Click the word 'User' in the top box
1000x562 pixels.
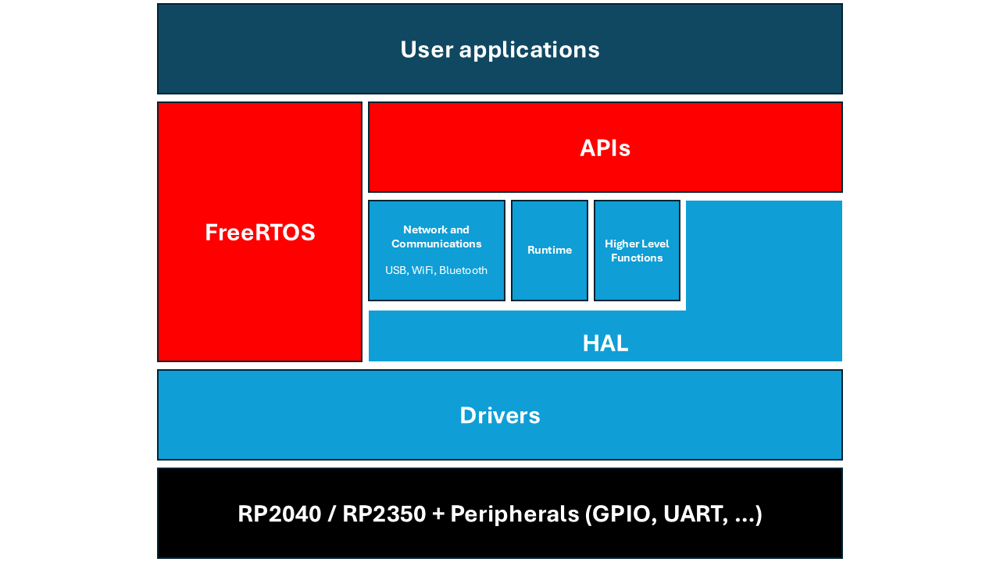click(x=427, y=49)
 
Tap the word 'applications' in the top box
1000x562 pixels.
click(x=529, y=50)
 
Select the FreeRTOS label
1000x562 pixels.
click(x=259, y=233)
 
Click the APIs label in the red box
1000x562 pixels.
click(x=605, y=148)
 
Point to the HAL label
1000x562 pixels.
click(x=605, y=343)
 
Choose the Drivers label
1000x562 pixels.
click(x=499, y=415)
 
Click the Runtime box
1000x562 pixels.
click(x=549, y=251)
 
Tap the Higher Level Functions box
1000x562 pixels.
click(x=637, y=251)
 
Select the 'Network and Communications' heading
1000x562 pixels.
click(x=436, y=237)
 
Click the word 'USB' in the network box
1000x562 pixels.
click(x=395, y=271)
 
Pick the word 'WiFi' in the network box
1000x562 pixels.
click(x=423, y=271)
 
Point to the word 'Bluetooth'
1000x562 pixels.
click(x=463, y=271)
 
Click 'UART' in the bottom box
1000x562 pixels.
click(x=687, y=514)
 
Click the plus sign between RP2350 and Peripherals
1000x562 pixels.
click(x=437, y=514)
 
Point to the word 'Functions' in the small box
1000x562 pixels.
click(x=637, y=258)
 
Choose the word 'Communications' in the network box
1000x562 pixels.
click(x=436, y=244)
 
